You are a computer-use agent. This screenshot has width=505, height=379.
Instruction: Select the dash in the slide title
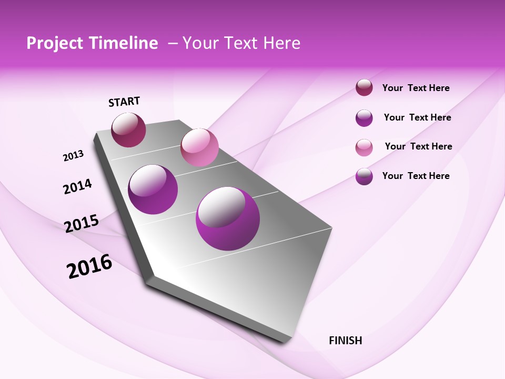point(173,43)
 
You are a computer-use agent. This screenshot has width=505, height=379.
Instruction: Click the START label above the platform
point(124,102)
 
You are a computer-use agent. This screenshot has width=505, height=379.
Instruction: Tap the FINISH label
point(346,341)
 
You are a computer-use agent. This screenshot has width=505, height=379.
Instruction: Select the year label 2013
point(73,155)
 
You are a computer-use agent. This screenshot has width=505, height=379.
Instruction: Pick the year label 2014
point(77,186)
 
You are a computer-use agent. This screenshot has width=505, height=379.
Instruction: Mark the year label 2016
point(89,266)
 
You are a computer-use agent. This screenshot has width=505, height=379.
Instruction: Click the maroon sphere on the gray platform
point(128,129)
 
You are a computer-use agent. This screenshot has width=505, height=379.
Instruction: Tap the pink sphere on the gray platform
point(199,147)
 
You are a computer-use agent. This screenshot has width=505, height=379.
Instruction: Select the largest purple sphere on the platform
point(228,218)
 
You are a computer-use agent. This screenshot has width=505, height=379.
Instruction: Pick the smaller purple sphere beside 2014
point(153,189)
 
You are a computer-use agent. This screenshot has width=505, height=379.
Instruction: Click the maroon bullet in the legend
point(364,88)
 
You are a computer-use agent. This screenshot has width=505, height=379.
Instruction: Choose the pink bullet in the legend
point(364,147)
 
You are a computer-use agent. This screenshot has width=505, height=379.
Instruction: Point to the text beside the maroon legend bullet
point(416,88)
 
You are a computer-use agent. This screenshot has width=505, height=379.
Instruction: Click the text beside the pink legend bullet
point(418,146)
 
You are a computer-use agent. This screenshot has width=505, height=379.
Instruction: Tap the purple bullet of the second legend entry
point(364,118)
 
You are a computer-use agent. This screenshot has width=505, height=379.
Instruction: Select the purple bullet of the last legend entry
point(364,176)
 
